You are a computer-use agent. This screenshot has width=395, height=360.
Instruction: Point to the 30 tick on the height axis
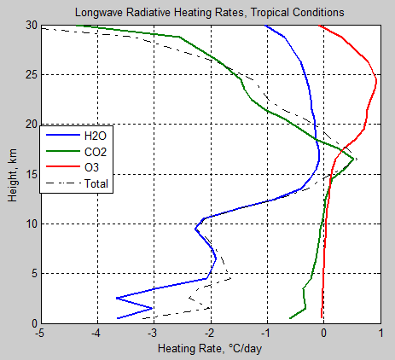[30, 26]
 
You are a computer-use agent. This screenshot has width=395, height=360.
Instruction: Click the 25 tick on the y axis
[30, 75]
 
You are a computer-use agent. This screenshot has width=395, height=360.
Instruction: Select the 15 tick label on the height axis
[30, 174]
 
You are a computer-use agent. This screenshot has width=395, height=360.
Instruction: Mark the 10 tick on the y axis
[30, 224]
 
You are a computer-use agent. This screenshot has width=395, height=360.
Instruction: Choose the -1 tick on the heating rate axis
[265, 334]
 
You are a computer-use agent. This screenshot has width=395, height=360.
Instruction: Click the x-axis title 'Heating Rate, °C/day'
[210, 348]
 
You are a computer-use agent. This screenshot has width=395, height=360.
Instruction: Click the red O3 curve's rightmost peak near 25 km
[376, 80]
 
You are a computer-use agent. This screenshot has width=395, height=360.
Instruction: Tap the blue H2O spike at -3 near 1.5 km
[153, 308]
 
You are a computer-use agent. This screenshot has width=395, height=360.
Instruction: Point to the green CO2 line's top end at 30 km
[76, 26]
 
